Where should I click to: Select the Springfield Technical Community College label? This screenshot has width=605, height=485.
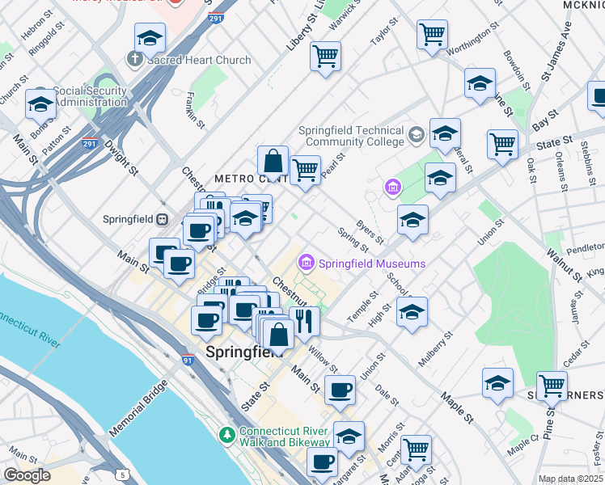pyautogui.click(x=351, y=136)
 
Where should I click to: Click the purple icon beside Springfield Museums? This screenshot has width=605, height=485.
pyautogui.click(x=307, y=264)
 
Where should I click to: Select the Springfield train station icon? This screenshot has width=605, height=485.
pyautogui.click(x=163, y=219)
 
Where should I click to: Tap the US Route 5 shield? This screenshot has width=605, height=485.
pyautogui.click(x=121, y=470)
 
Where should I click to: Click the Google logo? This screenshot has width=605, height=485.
pyautogui.click(x=27, y=475)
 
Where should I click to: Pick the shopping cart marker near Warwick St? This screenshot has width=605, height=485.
pyautogui.click(x=325, y=57)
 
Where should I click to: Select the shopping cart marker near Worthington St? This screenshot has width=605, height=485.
pyautogui.click(x=433, y=35)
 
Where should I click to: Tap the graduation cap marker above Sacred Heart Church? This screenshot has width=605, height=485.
pyautogui.click(x=149, y=38)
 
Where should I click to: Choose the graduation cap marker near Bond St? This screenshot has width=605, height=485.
pyautogui.click(x=40, y=104)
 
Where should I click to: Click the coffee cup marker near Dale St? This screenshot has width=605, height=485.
pyautogui.click(x=340, y=390)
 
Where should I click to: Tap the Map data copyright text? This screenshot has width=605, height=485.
pyautogui.click(x=571, y=479)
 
